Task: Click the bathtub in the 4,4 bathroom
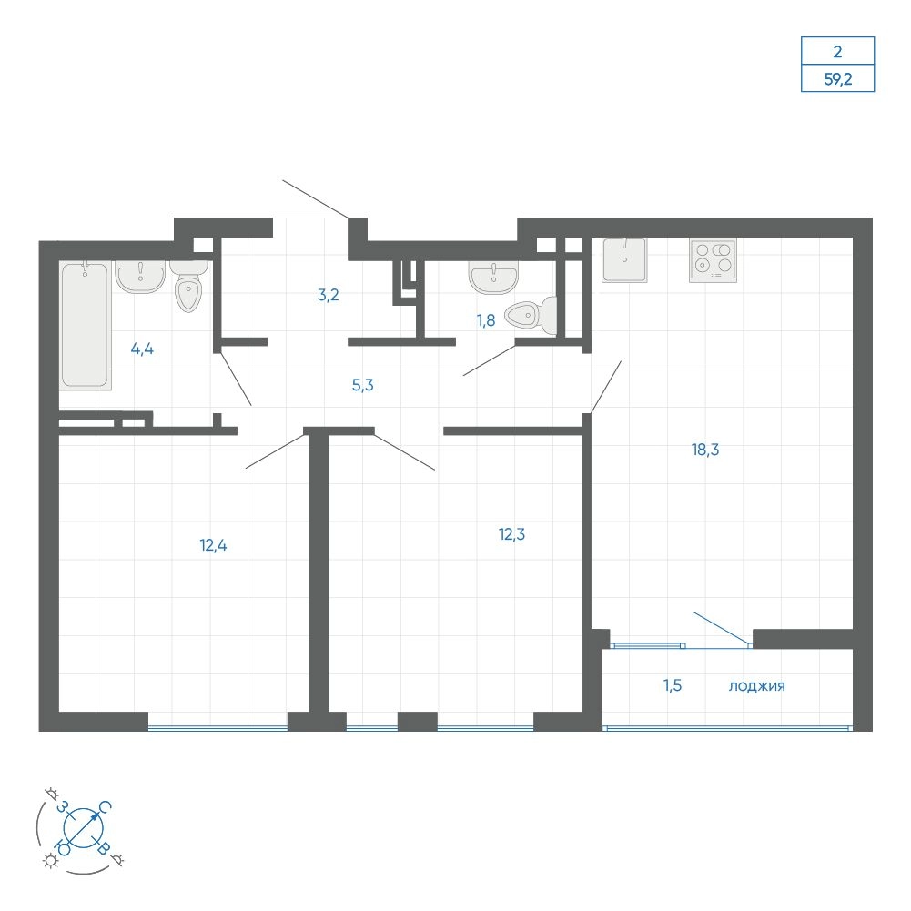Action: pos(86,325)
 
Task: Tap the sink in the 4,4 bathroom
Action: pos(140,276)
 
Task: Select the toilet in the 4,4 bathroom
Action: pos(188,286)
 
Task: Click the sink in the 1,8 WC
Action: pos(493,278)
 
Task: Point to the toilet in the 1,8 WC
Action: pos(531,316)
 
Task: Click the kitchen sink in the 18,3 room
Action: pos(624,259)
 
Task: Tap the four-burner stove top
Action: pos(713,260)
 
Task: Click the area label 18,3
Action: pos(705,449)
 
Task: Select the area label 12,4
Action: pos(213,545)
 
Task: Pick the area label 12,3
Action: pos(511,534)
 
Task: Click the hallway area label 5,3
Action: pos(362,385)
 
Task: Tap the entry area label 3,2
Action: pos(329,295)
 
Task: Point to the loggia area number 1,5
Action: pos(673,685)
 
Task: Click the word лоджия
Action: pos(756,686)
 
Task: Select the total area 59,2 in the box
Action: pos(838,79)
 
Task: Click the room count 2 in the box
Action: pos(837,52)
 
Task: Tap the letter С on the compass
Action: pos(105,807)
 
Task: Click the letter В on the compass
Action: pos(103,847)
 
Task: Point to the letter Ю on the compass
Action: pos(63,847)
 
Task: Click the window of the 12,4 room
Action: pos(218,727)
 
